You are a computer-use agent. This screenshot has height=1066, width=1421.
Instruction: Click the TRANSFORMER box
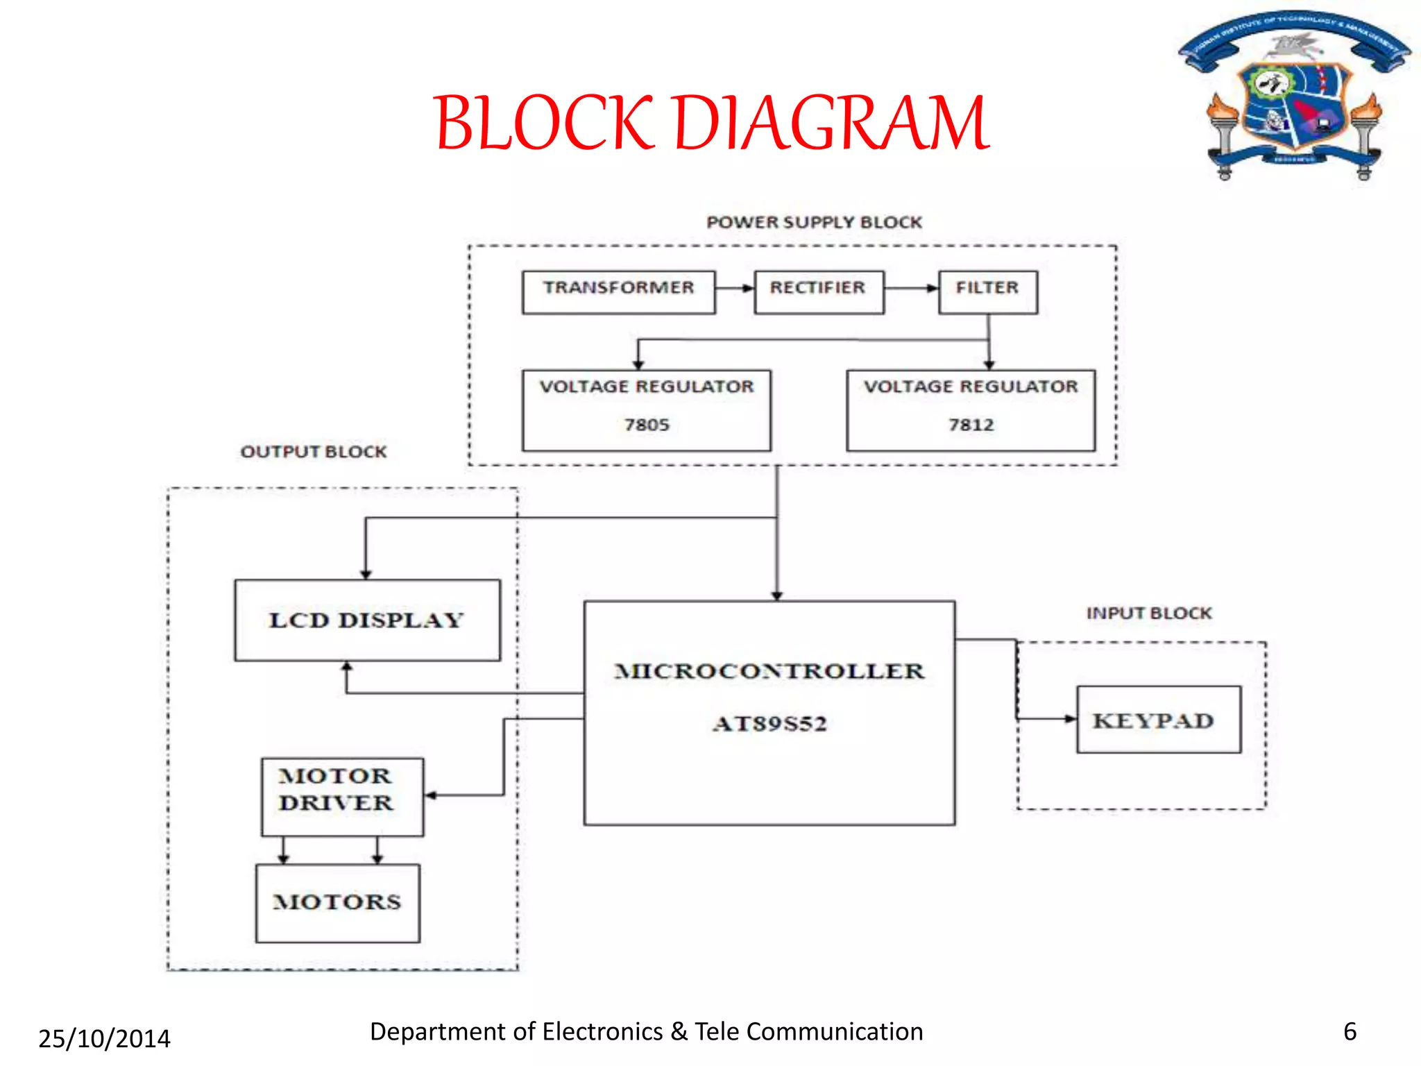(x=618, y=292)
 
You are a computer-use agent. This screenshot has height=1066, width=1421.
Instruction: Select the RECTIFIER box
(x=819, y=292)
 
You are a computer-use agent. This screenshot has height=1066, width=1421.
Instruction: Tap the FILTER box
(x=987, y=292)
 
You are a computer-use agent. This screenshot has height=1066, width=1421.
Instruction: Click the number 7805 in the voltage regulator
(x=647, y=424)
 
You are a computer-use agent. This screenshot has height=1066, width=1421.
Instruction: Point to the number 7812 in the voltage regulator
(x=971, y=424)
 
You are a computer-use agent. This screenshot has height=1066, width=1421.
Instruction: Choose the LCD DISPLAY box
(x=367, y=620)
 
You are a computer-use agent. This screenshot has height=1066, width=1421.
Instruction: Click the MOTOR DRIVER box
(x=342, y=796)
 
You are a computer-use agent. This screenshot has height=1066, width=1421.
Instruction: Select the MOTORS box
(x=337, y=902)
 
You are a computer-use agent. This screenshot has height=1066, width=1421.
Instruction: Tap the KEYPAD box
(x=1158, y=720)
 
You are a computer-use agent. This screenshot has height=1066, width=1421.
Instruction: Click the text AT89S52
(x=769, y=724)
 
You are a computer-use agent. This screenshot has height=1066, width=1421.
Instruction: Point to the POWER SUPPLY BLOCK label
(x=814, y=222)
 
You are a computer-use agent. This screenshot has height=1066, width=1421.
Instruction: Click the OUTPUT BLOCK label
(x=313, y=452)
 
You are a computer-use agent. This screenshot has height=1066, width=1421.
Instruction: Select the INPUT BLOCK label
(x=1148, y=614)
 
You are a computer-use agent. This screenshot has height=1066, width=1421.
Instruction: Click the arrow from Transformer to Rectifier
(x=735, y=288)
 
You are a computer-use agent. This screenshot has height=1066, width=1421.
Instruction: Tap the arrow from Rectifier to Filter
(x=911, y=288)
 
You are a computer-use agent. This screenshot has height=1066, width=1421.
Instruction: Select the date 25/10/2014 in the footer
(x=104, y=1038)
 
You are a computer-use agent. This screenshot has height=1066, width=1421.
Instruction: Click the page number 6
(x=1350, y=1031)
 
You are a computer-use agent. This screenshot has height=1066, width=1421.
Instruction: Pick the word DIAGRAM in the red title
(x=831, y=124)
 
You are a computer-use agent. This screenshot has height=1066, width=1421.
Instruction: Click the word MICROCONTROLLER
(x=769, y=671)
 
